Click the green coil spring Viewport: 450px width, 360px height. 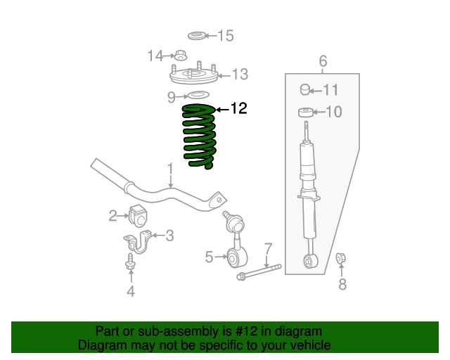[x=199, y=136]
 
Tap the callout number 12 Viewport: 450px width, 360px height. [x=239, y=108]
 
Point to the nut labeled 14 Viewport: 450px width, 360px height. [x=179, y=55]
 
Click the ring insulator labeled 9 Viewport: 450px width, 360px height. [x=198, y=96]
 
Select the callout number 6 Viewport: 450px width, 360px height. [x=323, y=60]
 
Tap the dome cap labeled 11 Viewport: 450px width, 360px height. [x=305, y=89]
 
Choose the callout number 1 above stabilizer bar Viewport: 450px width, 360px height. [x=169, y=168]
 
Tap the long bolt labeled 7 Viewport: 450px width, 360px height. [x=260, y=271]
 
